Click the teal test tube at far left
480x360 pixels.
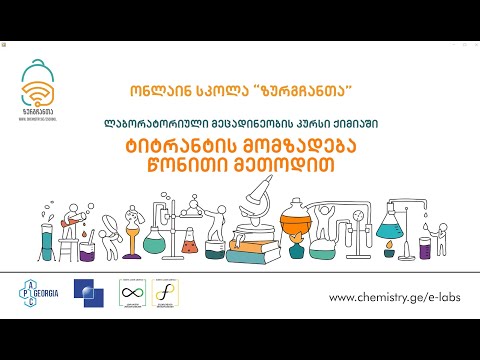(46, 240)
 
